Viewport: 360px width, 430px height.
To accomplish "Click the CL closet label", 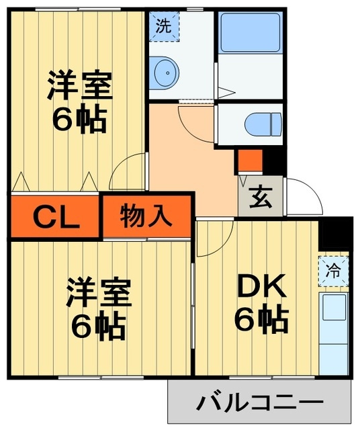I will (56, 216).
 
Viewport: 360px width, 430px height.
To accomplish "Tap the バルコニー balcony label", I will (259, 403).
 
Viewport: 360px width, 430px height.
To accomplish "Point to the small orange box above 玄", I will (249, 161).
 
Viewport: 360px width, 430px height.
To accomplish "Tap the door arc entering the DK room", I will (214, 239).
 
